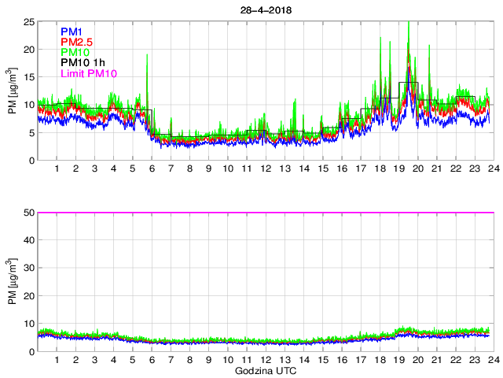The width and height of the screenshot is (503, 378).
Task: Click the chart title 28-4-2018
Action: [x=263, y=9]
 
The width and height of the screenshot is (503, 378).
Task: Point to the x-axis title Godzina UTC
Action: [x=263, y=370]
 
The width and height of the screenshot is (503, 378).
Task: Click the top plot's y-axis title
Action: [x=13, y=91]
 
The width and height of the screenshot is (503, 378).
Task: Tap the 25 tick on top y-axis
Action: [x=28, y=21]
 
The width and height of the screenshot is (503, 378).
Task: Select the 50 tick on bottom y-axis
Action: [x=28, y=213]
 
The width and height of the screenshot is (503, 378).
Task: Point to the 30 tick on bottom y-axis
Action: [x=28, y=268]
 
